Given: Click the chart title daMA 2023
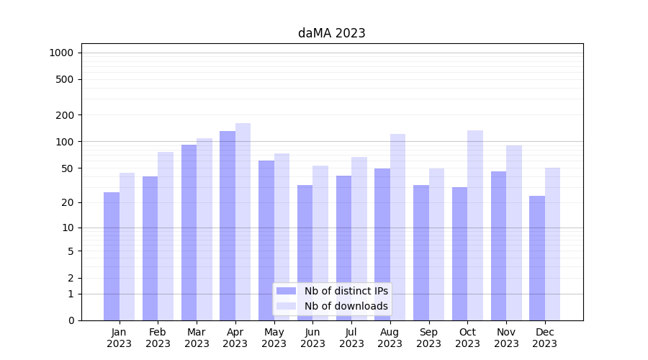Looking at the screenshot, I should point(331,33).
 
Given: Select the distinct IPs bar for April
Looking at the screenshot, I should point(228,225).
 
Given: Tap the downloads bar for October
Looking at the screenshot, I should point(475,225).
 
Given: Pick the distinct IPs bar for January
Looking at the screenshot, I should point(112,256).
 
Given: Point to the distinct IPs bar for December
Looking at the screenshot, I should point(537,258).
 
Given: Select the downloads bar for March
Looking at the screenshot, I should point(204,229).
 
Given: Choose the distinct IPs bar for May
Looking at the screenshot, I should point(266,240).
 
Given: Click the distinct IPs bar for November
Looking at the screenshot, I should point(498,246).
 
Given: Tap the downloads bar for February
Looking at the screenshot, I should point(166,235).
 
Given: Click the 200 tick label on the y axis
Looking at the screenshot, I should point(66,115).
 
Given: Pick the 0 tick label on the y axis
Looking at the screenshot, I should point(71,320).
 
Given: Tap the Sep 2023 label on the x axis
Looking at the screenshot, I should point(428,338).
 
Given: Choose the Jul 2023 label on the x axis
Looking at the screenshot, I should point(351,338).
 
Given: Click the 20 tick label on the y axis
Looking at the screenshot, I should point(68,202).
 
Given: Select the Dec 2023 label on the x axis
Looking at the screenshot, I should point(545,338).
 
